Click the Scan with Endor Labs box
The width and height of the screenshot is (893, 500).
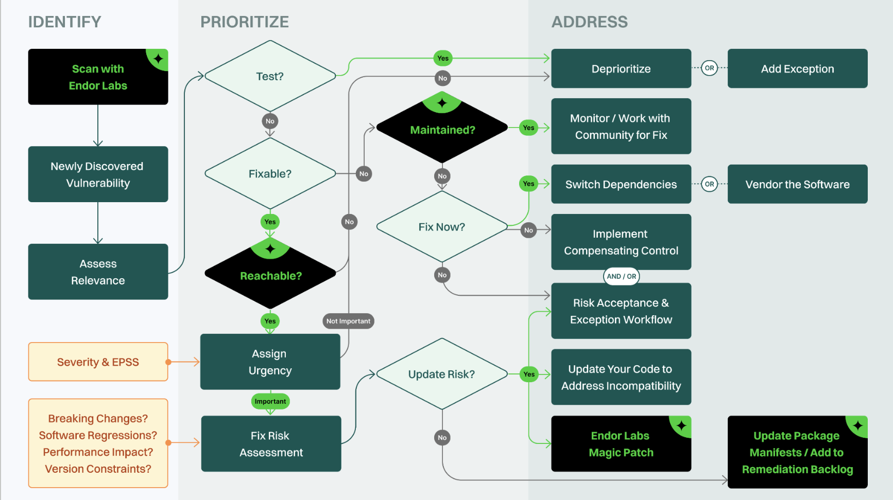pyautogui.click(x=98, y=77)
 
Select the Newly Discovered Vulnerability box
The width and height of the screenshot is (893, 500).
pyautogui.click(x=98, y=174)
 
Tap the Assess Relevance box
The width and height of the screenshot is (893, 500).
pyautogui.click(x=98, y=272)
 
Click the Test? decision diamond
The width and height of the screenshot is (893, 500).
pyautogui.click(x=270, y=76)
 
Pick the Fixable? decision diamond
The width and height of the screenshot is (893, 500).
pyautogui.click(x=270, y=174)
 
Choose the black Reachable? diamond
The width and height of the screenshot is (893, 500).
pyautogui.click(x=270, y=276)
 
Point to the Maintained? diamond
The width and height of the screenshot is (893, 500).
pyautogui.click(x=442, y=130)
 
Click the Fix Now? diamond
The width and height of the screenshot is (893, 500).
pyautogui.click(x=442, y=227)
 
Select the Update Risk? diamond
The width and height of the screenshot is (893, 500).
pyautogui.click(x=442, y=374)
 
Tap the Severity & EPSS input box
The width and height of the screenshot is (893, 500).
pyautogui.click(x=98, y=362)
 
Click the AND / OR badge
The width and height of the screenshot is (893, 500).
pyautogui.click(x=621, y=276)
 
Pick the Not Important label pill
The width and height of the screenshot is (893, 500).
pyautogui.click(x=348, y=321)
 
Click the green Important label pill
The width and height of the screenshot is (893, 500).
pyautogui.click(x=270, y=401)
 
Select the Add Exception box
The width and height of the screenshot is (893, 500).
pyautogui.click(x=797, y=68)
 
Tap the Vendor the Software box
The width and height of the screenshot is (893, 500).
pyautogui.click(x=797, y=184)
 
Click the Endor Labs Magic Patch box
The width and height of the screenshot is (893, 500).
pyautogui.click(x=621, y=444)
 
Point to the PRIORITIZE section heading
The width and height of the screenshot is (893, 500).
pyautogui.click(x=245, y=22)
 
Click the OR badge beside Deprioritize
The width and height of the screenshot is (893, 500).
pyautogui.click(x=709, y=68)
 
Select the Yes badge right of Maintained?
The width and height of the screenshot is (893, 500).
pyautogui.click(x=528, y=128)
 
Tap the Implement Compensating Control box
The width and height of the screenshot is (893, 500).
pyautogui.click(x=621, y=242)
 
